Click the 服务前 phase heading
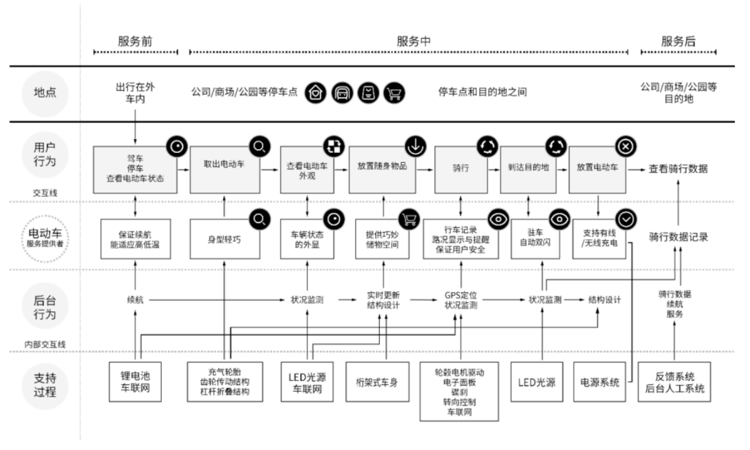[135, 41]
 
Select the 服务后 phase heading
[678, 41]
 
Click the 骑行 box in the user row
[461, 169]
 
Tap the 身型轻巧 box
[224, 239]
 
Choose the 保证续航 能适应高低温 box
[135, 239]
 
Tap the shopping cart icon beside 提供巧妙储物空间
[409, 218]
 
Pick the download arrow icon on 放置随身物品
[414, 147]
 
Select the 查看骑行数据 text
[678, 169]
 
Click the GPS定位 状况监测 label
[461, 300]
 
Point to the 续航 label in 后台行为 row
[135, 300]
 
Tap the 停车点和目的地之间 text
[482, 93]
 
